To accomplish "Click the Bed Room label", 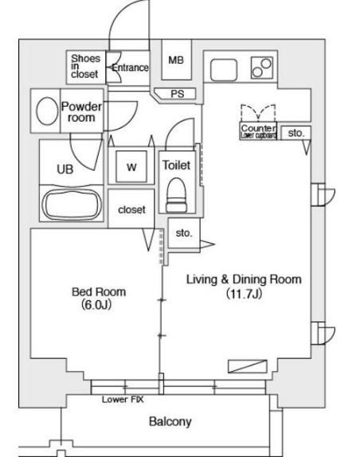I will tap(100, 292).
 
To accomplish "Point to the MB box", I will tap(176, 61).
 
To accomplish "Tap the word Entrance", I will tap(130, 68).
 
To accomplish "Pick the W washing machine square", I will tap(132, 168).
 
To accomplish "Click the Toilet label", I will tap(175, 165).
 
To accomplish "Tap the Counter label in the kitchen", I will tap(257, 129).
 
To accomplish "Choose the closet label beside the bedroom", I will tap(132, 209).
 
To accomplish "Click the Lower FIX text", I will tap(117, 400).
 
